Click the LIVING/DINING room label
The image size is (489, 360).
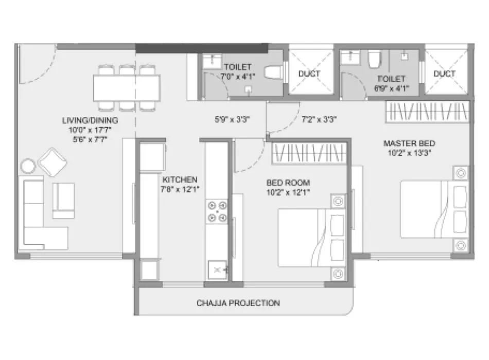[90, 120]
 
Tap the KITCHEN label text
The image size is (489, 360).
[180, 179]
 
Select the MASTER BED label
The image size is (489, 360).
[409, 142]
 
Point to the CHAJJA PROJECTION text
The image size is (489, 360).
[238, 303]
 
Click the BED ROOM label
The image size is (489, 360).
[288, 183]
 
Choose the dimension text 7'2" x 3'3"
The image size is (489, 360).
[319, 120]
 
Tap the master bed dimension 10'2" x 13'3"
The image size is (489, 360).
[410, 152]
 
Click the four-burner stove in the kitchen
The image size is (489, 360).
[217, 211]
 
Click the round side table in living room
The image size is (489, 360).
[28, 166]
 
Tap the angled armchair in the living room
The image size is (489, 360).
[52, 161]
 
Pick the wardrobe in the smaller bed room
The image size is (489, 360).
[308, 153]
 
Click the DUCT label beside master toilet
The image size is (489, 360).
[444, 74]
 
